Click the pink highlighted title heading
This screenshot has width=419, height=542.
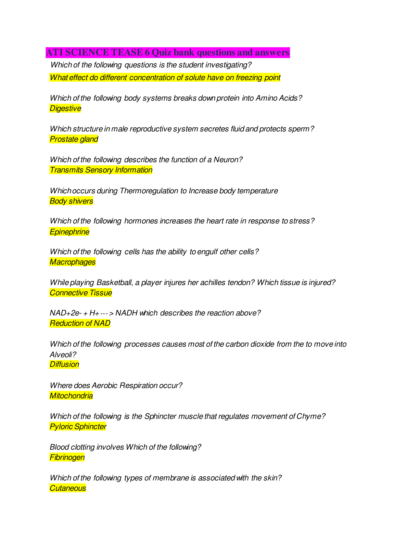[168, 52]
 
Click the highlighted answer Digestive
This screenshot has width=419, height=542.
[65, 108]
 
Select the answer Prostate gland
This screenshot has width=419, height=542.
[74, 139]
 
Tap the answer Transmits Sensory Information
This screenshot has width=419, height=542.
[101, 170]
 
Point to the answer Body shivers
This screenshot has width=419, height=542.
[71, 201]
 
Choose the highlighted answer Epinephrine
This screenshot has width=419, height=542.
[69, 232]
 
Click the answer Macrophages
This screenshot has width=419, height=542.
[73, 262]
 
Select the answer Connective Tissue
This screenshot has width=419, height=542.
[81, 293]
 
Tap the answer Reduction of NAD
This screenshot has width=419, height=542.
[80, 323]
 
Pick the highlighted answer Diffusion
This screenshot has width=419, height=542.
[64, 364]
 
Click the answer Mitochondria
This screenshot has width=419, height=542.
[71, 396]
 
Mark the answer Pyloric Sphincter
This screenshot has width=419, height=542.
[78, 427]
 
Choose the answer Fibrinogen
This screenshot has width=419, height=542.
[67, 457]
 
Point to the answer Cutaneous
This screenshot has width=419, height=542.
[68, 488]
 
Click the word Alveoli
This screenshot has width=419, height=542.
[62, 354]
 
